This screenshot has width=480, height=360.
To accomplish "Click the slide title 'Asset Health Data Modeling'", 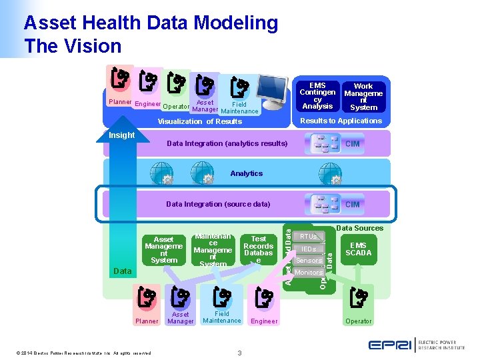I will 151,23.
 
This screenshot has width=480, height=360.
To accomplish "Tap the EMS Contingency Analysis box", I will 317,96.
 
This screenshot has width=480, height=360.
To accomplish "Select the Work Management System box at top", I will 363,97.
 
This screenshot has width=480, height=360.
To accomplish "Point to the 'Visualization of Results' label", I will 199,121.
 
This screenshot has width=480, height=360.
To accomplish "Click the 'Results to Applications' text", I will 341,121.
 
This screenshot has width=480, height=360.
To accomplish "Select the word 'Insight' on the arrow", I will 121,135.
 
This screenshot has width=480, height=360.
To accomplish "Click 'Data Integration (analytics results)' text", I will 227,143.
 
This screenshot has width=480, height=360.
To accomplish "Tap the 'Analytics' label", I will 246,173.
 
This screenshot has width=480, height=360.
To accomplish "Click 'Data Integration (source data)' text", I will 218,204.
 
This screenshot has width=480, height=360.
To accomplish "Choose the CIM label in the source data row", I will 352,205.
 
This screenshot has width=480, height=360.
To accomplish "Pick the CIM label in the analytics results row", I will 352,144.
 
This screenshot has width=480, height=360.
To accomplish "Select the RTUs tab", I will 308,237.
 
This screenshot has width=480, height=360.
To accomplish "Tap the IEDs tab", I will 308,249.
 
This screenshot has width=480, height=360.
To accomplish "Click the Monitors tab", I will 308,273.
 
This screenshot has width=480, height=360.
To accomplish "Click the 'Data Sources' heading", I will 359,228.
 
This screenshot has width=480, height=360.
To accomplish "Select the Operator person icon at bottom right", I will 359,298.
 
